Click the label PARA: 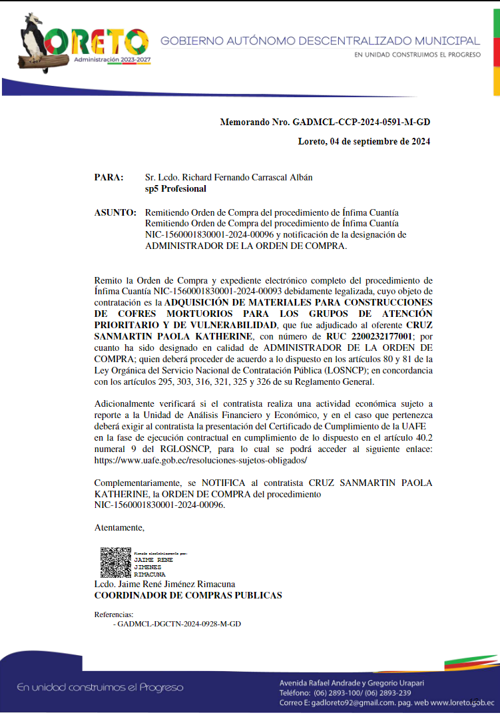pyautogui.click(x=109, y=178)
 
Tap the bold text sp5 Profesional pyautogui.click(x=176, y=189)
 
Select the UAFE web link pyautogui.click(x=200, y=461)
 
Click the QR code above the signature pyautogui.click(x=115, y=563)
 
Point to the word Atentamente pyautogui.click(x=119, y=528)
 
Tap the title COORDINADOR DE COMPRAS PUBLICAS pyautogui.click(x=188, y=595)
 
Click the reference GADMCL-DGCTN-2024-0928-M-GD pyautogui.click(x=179, y=624)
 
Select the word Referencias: pyautogui.click(x=114, y=614)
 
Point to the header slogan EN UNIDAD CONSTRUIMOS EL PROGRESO pyautogui.click(x=417, y=55)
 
